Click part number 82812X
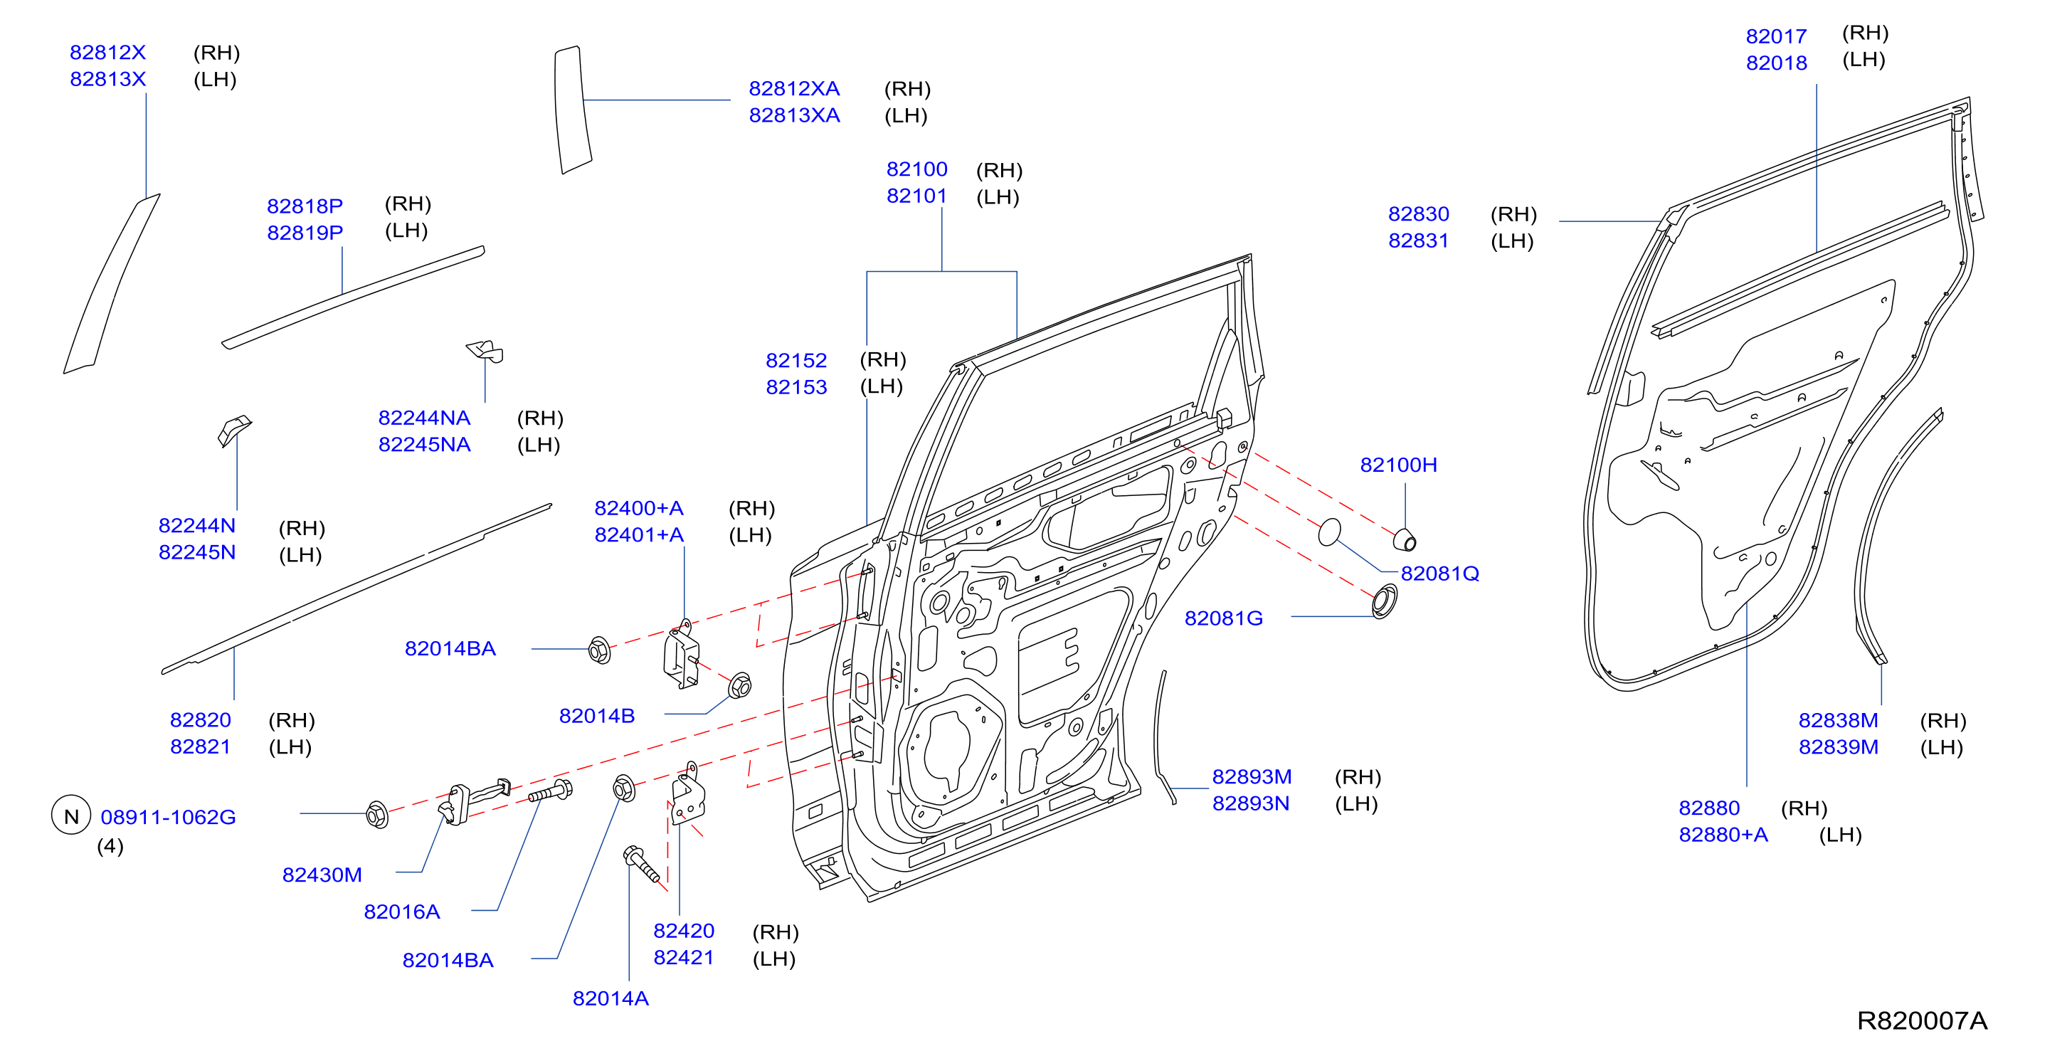tap(107, 53)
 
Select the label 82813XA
tap(794, 115)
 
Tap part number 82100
tap(916, 169)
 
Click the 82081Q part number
tap(1439, 574)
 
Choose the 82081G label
tap(1224, 618)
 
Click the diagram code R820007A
tap(1922, 1020)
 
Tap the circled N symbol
tap(71, 816)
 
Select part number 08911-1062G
tap(169, 818)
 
